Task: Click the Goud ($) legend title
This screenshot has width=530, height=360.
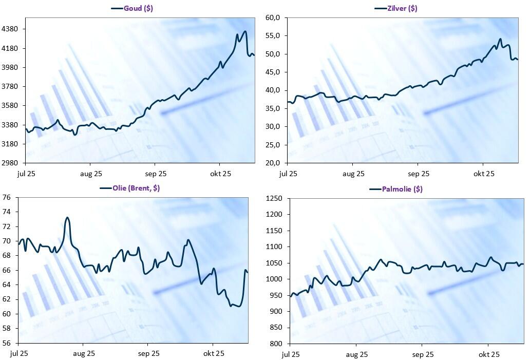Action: coord(138,8)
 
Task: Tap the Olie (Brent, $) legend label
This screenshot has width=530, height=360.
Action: coord(136,188)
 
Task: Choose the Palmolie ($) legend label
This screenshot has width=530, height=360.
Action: coord(402,189)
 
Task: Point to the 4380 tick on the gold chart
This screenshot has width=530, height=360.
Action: coord(10,29)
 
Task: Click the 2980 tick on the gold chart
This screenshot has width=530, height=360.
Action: coord(10,163)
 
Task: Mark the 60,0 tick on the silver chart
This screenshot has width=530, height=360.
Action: coord(272,18)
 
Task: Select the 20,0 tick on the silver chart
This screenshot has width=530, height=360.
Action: coord(272,163)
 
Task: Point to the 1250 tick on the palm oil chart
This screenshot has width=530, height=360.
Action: coord(275,199)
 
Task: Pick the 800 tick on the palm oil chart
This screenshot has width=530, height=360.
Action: coord(277,344)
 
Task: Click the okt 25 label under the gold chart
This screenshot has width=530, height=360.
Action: coord(220,174)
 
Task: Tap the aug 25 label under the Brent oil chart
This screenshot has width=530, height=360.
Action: coord(84,353)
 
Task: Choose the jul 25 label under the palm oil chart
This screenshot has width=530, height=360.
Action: coord(291,354)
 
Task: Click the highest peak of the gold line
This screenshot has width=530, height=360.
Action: coord(245,31)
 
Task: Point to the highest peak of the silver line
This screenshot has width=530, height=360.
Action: coord(500,39)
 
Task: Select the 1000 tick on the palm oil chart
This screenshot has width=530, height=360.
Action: coord(275,279)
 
